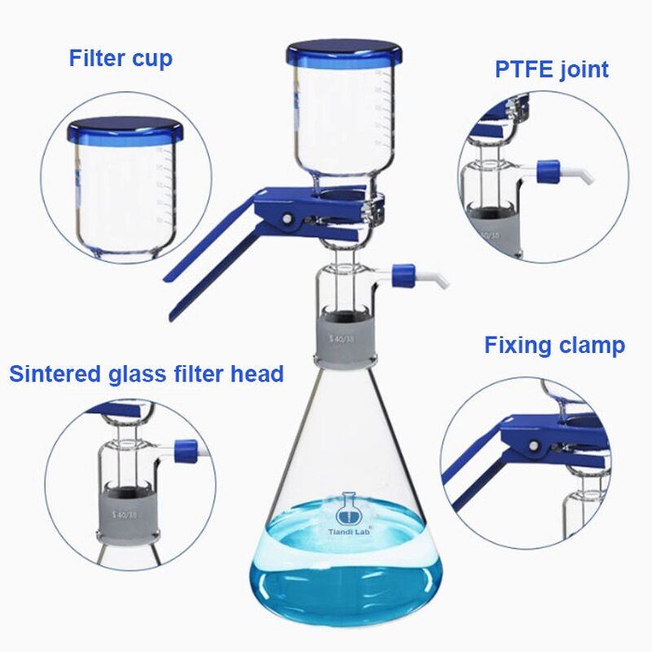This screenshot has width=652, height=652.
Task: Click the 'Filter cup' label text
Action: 121,59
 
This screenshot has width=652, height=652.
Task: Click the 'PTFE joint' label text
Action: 552,69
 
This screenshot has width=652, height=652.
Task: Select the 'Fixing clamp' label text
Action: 554,345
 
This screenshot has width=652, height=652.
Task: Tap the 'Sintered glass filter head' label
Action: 147,374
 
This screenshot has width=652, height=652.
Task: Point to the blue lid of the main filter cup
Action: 344,55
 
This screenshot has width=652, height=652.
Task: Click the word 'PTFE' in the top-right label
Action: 523,69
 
